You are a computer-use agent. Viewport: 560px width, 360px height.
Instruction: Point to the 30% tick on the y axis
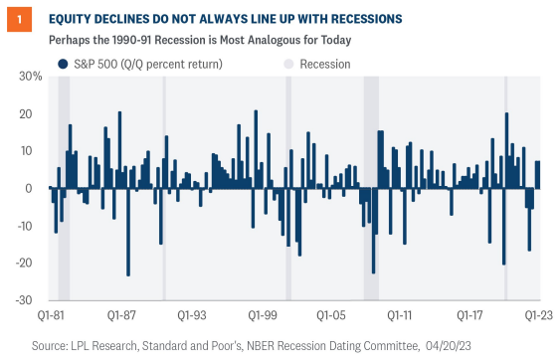coord(31,77)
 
